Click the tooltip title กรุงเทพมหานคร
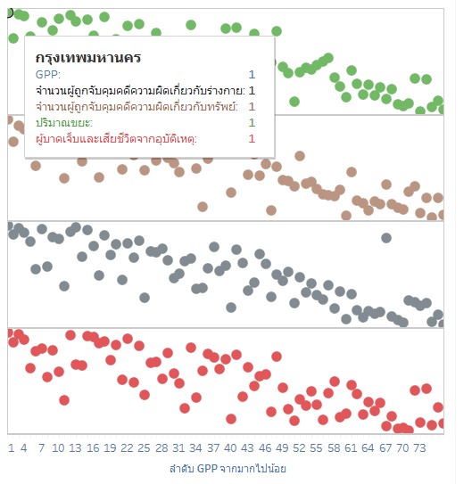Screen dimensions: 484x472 click(88, 57)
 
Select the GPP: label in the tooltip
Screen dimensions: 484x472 click(48, 75)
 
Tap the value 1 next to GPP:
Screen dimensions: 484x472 click(252, 75)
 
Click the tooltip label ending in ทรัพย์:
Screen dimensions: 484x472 click(137, 107)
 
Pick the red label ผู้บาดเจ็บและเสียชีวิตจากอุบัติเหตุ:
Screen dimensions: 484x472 click(117, 139)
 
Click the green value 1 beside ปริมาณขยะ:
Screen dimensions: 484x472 click(252, 123)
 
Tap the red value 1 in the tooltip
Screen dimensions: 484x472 click(252, 139)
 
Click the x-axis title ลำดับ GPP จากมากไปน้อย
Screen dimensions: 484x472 click(228, 468)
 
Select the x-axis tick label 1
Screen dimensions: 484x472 click(12, 447)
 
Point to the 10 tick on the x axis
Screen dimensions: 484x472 click(58, 447)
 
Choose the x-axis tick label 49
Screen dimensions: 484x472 click(282, 447)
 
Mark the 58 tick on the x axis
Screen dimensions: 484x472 click(334, 447)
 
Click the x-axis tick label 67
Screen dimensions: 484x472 click(385, 447)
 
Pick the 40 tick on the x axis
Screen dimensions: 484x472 click(230, 447)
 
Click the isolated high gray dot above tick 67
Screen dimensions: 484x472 click(386, 238)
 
